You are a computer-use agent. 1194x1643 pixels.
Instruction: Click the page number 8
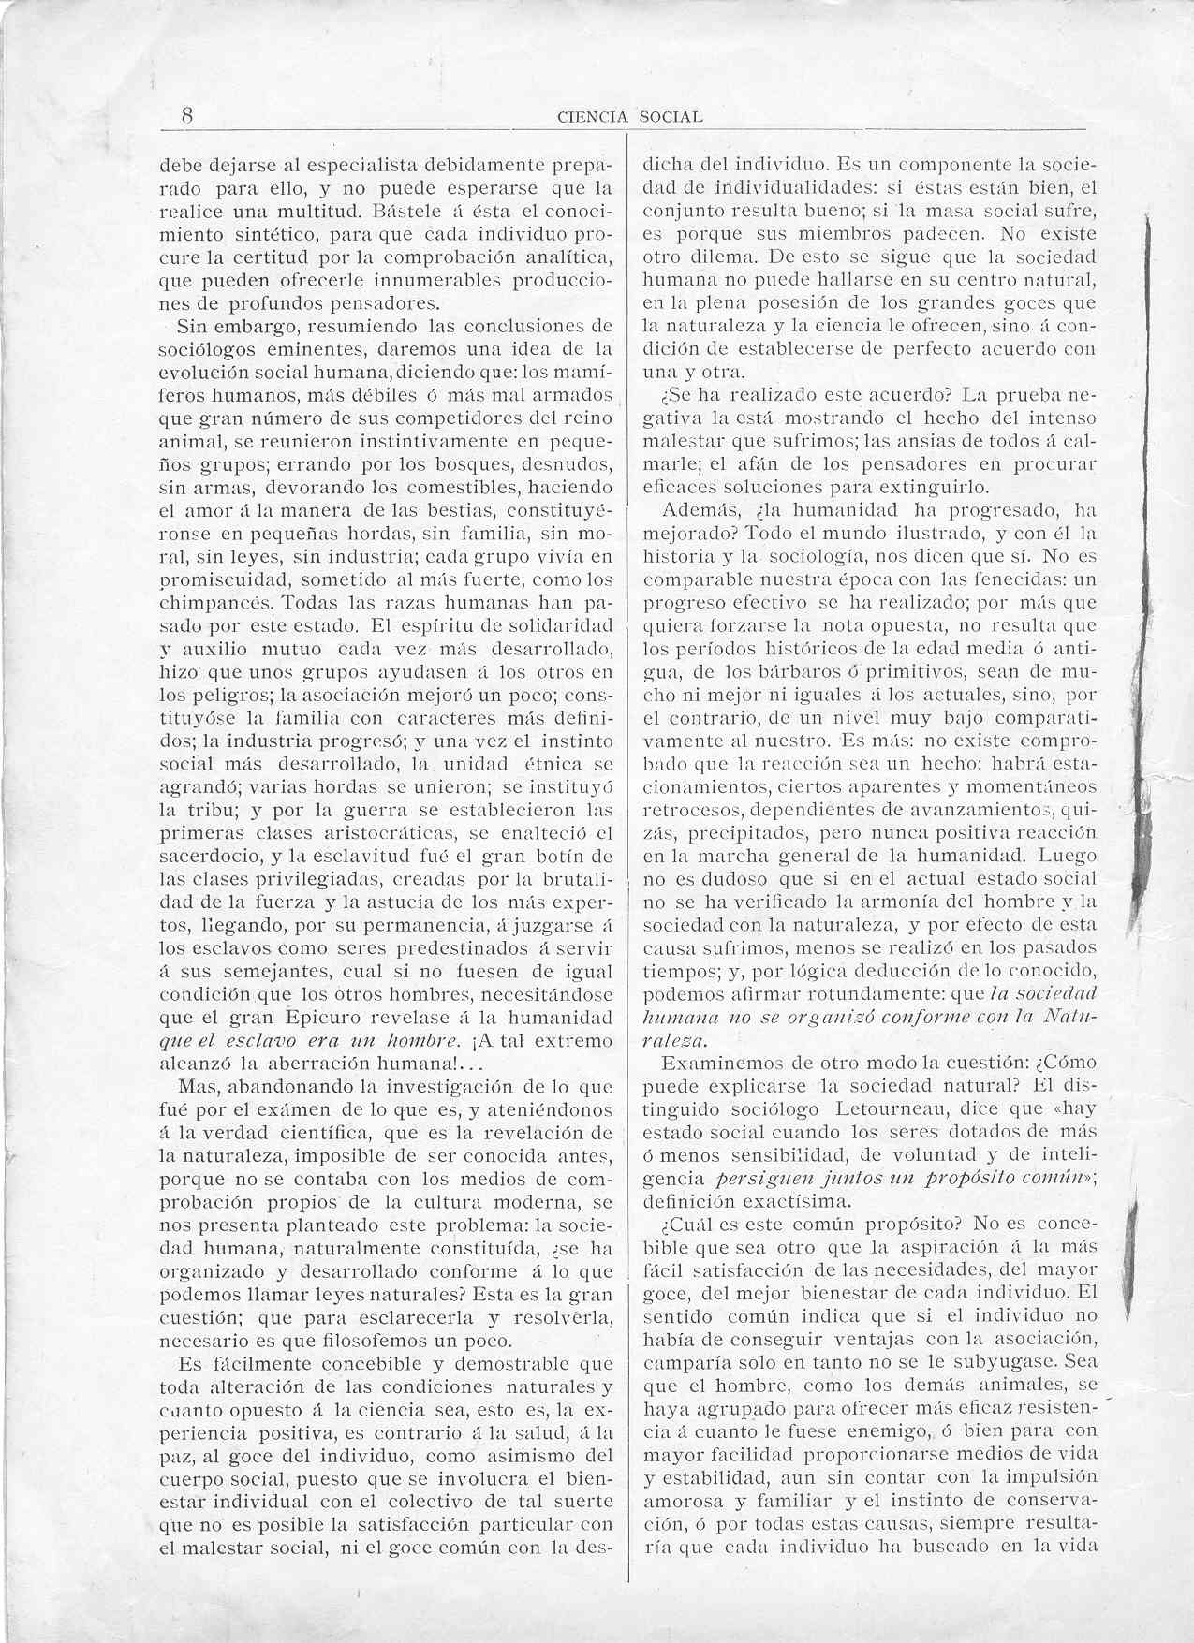tap(187, 115)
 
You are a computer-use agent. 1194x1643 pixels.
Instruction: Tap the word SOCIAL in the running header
tap(671, 118)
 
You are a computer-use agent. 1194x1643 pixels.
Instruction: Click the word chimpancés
tap(216, 602)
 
